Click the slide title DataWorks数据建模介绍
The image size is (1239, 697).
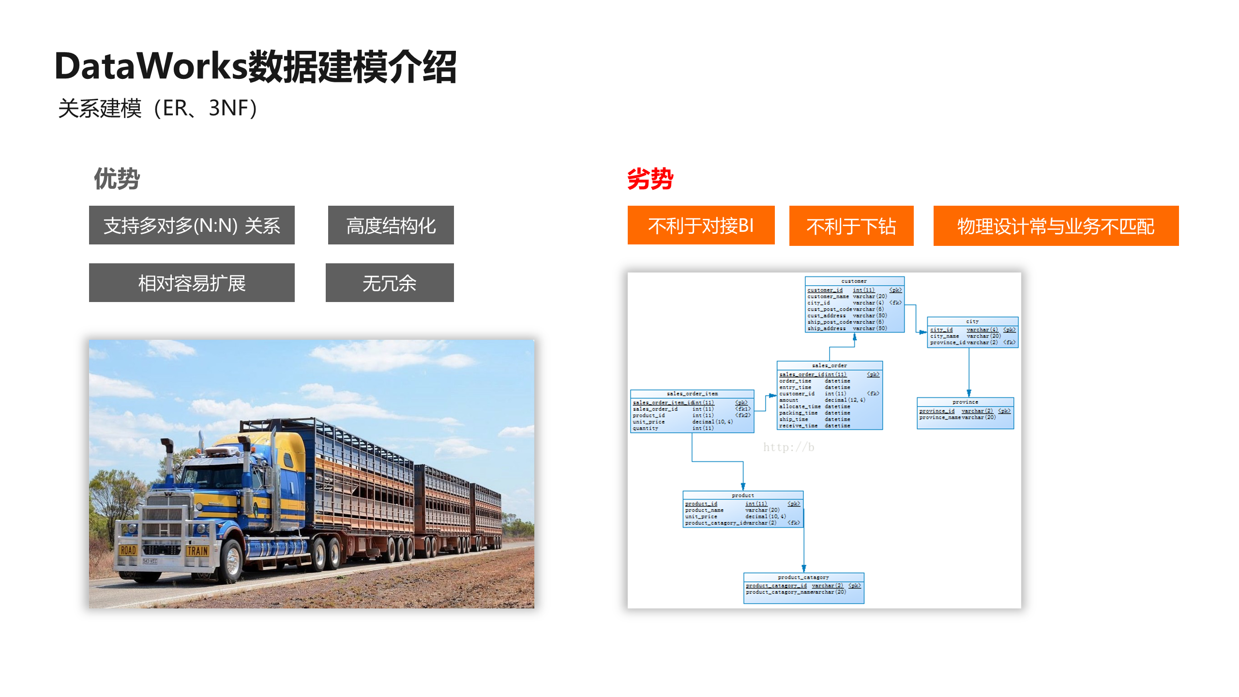click(x=256, y=66)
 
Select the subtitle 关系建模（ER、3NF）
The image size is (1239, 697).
click(x=158, y=108)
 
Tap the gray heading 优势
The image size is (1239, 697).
click(x=117, y=179)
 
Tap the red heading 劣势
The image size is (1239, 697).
click(x=650, y=179)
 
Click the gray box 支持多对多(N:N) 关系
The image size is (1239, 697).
click(x=192, y=226)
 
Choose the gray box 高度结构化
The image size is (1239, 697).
click(x=391, y=226)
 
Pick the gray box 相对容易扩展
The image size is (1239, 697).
click(x=192, y=283)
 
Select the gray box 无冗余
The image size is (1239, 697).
click(x=390, y=283)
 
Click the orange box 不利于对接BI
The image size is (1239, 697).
click(x=701, y=226)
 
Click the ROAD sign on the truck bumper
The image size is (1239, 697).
click(x=128, y=550)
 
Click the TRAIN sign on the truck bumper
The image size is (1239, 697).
click(x=197, y=551)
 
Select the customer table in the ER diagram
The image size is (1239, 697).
click(x=854, y=305)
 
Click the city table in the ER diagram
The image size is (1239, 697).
click(x=972, y=333)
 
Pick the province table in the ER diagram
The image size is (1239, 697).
click(x=965, y=413)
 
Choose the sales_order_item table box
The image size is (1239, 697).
click(x=692, y=411)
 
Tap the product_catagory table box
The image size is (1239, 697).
click(x=803, y=588)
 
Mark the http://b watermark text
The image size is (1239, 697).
click(x=788, y=447)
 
